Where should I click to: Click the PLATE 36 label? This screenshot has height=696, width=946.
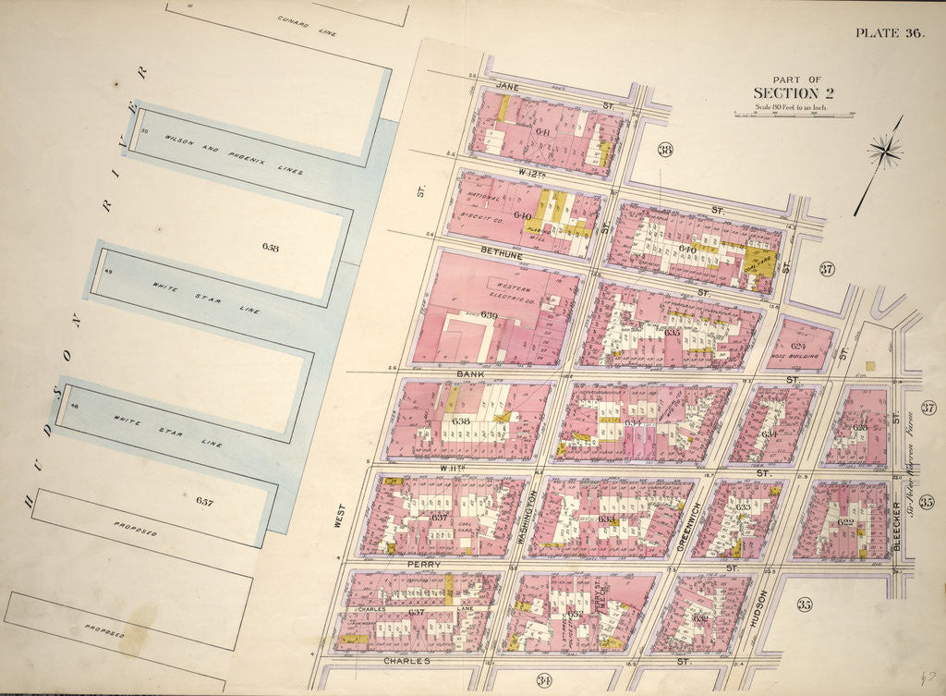pyautogui.click(x=889, y=33)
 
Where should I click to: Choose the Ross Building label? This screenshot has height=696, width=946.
pyautogui.click(x=796, y=356)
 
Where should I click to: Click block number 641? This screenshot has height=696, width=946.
pyautogui.click(x=543, y=132)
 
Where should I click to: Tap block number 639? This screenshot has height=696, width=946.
pyautogui.click(x=489, y=316)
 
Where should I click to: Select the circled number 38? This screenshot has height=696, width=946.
pyautogui.click(x=665, y=152)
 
